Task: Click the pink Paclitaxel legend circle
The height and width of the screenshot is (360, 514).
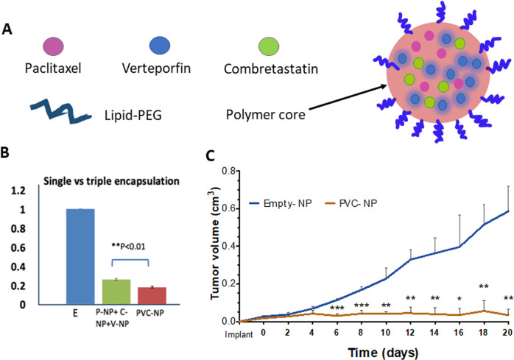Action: click(x=54, y=46)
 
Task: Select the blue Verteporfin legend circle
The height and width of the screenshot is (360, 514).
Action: click(x=160, y=45)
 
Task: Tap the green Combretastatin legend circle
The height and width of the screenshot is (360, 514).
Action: click(x=269, y=46)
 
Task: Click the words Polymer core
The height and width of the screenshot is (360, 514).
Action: click(x=266, y=115)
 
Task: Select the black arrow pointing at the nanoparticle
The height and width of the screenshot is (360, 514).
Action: click(x=348, y=97)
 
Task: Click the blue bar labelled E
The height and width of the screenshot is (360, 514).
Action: click(x=80, y=256)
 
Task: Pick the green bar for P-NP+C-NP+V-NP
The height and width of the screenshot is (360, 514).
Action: click(x=116, y=292)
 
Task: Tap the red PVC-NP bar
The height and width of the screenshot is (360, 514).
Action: click(x=152, y=295)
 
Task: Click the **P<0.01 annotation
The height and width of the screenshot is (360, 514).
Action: click(x=128, y=247)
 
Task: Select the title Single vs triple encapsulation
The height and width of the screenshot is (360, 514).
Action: click(x=111, y=181)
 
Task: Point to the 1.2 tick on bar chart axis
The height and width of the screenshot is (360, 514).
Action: click(x=18, y=191)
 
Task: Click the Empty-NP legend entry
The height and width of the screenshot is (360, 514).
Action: click(x=281, y=203)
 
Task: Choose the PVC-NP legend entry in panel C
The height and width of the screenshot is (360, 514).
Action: click(x=351, y=203)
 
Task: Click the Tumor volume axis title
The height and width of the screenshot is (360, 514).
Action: click(x=215, y=243)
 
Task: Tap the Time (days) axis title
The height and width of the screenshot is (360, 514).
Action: click(x=383, y=353)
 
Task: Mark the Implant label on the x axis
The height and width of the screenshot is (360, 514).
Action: click(x=239, y=334)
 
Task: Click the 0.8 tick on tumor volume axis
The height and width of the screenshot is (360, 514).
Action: click(x=228, y=171)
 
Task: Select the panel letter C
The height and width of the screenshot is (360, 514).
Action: click(x=210, y=155)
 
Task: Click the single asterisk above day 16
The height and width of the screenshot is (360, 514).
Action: click(x=460, y=300)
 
